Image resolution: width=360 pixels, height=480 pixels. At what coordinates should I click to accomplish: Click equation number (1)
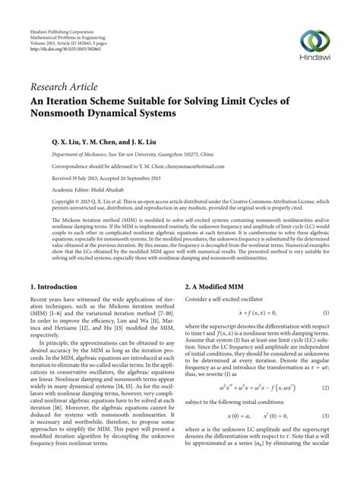point(327,293)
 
